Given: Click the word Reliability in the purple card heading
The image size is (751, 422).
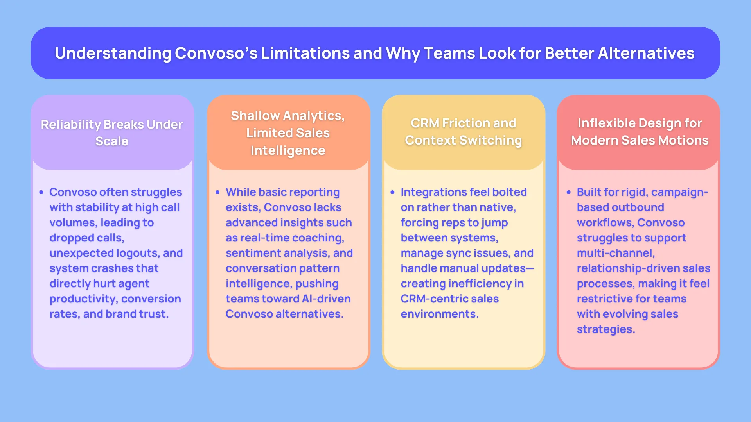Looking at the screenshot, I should point(71,124).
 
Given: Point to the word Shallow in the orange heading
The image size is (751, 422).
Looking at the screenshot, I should point(255,116).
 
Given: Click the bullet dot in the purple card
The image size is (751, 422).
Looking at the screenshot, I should point(41,192).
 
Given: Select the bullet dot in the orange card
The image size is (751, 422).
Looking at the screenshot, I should point(217,192).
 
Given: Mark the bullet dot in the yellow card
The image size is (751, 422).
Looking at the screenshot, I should point(392,192).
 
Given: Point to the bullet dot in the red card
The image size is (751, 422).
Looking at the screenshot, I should point(568,192).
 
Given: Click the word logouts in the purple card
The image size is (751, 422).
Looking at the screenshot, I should point(137,253).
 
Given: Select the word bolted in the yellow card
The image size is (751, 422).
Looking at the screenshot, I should point(510,192).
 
